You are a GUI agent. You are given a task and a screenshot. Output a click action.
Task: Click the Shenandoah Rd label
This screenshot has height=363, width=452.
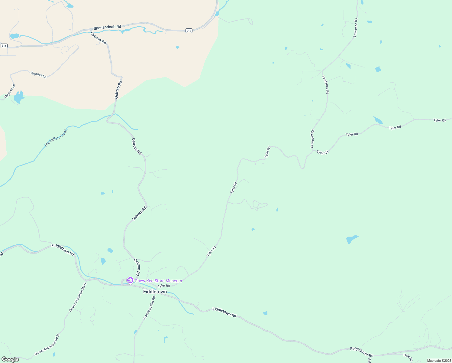107,27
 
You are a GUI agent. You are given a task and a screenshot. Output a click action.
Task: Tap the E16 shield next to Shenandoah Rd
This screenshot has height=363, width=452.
189,31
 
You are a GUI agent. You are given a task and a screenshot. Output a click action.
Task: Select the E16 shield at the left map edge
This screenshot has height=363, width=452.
4,46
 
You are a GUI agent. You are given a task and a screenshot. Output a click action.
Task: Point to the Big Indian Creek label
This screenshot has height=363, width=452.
56,138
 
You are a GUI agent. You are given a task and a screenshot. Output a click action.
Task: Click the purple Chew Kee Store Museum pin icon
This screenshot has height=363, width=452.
130,280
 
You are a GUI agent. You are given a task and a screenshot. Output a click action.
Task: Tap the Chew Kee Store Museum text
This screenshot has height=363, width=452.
158,281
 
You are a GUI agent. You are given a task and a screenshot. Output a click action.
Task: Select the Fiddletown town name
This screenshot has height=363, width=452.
155,292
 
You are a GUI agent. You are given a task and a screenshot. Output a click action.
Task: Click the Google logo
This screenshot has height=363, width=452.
10,359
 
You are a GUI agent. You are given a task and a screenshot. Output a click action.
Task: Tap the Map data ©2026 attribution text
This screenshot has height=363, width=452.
439,361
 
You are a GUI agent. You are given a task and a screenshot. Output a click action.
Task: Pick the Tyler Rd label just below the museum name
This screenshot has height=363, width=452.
164,286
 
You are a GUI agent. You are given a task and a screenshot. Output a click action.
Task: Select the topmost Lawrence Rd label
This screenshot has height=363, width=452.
356,28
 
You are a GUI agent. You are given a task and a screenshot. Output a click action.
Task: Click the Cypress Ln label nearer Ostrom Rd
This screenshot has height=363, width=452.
38,74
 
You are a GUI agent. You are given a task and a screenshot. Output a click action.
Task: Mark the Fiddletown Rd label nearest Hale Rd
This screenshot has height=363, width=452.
362,352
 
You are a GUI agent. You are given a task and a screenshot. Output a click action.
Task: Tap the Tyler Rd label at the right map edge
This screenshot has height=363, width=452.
440,120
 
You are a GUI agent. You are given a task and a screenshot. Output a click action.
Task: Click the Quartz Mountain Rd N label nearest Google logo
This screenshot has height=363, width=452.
47,345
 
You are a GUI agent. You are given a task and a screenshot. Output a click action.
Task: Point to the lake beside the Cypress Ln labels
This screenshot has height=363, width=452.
18,97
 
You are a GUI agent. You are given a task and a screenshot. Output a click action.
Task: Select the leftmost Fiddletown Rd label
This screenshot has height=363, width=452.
63,250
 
